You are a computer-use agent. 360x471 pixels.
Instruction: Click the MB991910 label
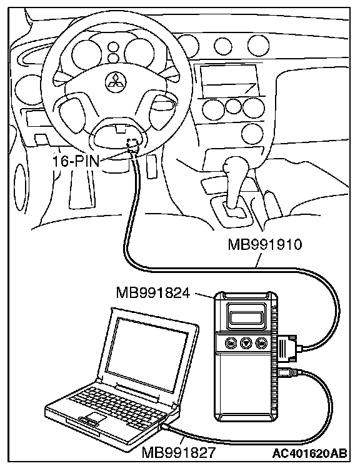pyautogui.click(x=264, y=244)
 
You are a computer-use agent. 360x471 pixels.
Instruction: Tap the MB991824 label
pyautogui.click(x=153, y=292)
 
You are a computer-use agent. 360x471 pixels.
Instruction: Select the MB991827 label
pyautogui.click(x=179, y=452)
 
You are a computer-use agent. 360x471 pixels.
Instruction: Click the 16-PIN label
pyautogui.click(x=76, y=162)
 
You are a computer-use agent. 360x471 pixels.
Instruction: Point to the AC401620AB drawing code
pyautogui.click(x=310, y=454)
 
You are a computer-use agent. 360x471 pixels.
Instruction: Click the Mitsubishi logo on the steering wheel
pyautogui.click(x=116, y=81)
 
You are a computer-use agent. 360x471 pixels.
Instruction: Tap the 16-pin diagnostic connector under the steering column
pyautogui.click(x=133, y=145)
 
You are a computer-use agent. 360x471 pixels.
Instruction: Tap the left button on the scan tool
pyautogui.click(x=231, y=342)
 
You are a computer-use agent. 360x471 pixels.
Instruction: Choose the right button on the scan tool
pyautogui.click(x=261, y=342)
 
